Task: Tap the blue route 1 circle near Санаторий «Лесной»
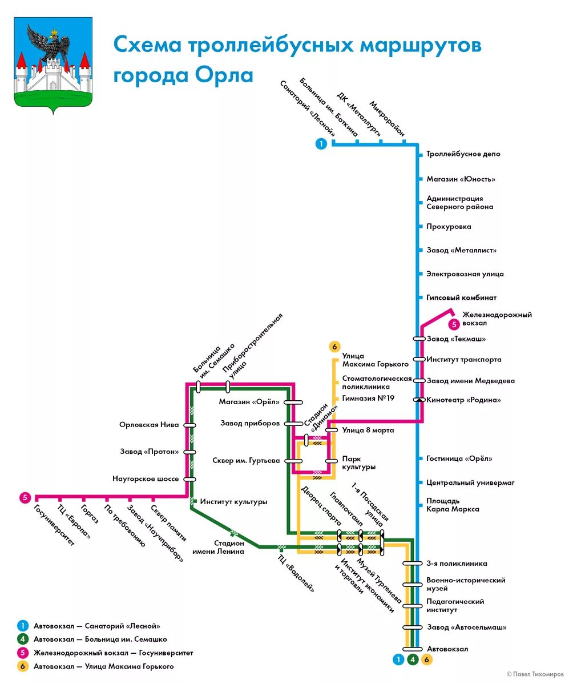[321, 144]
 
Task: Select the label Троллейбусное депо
[463, 154]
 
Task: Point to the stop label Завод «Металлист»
[461, 250]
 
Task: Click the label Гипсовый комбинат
[461, 297]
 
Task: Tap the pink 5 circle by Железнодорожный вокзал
[454, 324]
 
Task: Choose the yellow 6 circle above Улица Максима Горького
[334, 347]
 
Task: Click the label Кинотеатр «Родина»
[463, 400]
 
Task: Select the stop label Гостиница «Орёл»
[459, 458]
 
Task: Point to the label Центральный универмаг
[470, 482]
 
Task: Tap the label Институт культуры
[233, 502]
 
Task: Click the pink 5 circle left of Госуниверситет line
[25, 497]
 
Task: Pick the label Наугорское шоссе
[146, 478]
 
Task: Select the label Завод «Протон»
[149, 452]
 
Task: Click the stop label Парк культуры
[358, 462]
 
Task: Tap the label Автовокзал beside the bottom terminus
[447, 649]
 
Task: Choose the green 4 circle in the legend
[23, 639]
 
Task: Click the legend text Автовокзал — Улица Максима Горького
[103, 666]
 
